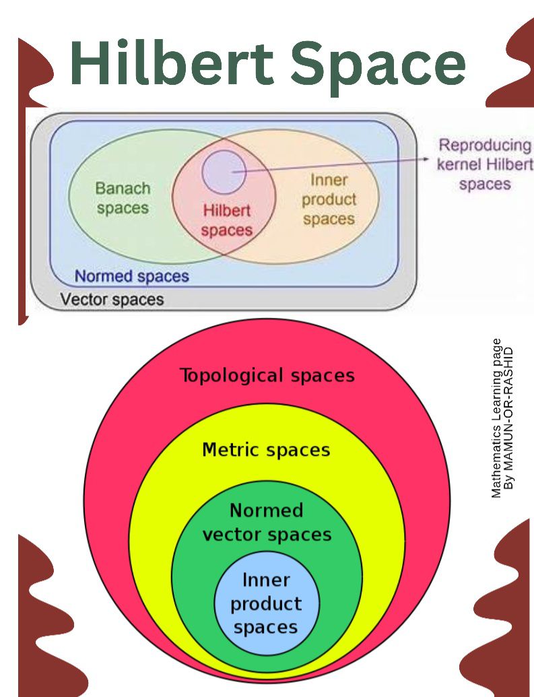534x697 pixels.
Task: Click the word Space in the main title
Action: [378, 67]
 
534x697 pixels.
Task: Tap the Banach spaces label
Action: [123, 198]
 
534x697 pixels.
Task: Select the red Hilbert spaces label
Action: [227, 220]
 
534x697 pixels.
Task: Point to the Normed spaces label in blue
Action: [131, 276]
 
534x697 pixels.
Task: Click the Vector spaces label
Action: [112, 299]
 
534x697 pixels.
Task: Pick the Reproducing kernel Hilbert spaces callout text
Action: [485, 164]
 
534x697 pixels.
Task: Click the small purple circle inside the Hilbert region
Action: [224, 172]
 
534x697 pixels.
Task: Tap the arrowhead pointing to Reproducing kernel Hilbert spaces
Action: [426, 159]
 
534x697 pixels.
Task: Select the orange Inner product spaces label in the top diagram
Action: [329, 199]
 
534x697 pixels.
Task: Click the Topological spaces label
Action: [267, 375]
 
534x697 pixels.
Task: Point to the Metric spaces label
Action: [267, 449]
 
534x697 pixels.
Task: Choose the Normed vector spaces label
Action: [267, 523]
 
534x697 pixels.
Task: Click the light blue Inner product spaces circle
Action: [267, 603]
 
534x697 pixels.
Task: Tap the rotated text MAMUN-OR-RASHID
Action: [509, 418]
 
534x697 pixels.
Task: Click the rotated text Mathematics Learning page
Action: [497, 418]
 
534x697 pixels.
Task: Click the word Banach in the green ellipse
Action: [123, 189]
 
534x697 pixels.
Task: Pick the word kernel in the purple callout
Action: [459, 164]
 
